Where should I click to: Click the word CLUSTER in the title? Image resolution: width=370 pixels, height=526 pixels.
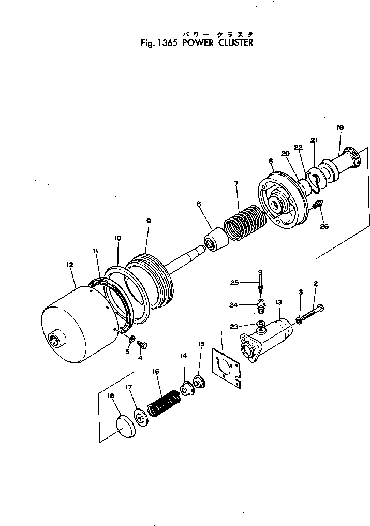235,43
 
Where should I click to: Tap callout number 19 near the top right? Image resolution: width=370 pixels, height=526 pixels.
340,127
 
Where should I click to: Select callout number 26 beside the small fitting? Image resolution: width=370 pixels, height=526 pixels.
324,226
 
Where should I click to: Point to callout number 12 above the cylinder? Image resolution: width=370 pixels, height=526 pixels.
70,265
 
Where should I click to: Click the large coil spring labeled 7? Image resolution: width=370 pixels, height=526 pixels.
244,223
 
